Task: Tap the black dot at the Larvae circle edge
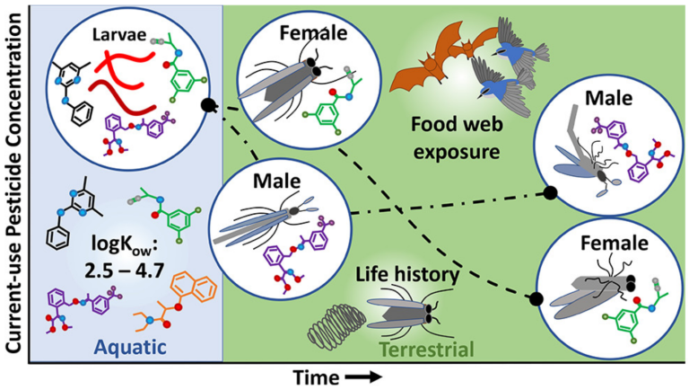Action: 208,105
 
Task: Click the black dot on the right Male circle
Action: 552,191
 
